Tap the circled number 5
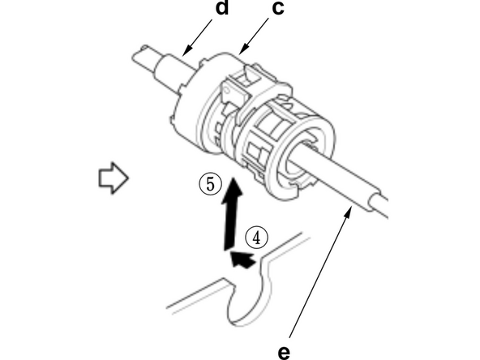click(x=210, y=183)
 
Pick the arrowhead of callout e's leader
click(x=351, y=208)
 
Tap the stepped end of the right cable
click(x=375, y=199)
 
